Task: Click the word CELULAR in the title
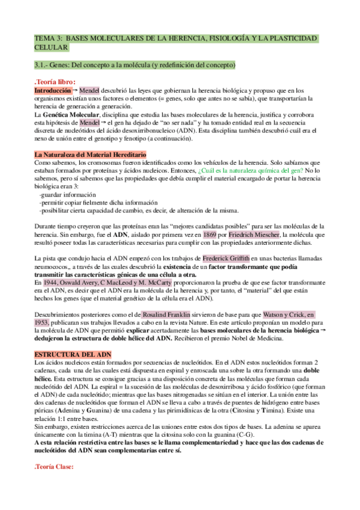(x=52, y=48)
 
